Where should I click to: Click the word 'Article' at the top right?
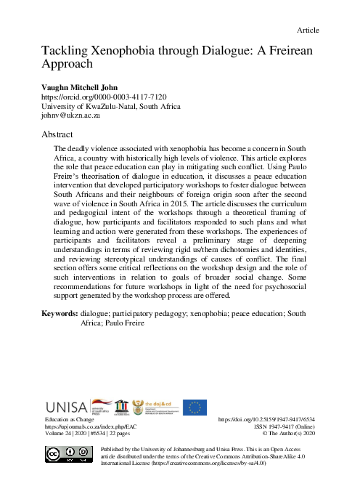point(308,31)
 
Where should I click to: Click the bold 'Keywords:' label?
point(60,334)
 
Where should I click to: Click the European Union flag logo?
point(194,408)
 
